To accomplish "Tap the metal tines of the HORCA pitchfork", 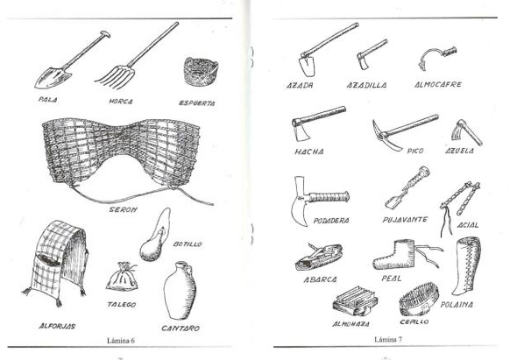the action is (115, 77).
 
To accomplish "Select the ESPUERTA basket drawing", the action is (201, 72).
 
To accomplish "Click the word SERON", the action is (123, 209).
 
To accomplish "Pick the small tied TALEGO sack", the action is (122, 277).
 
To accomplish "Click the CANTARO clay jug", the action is (180, 290).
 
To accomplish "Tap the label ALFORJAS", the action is (57, 326).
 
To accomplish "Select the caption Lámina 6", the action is (121, 341).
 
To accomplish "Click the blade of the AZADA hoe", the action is (307, 66).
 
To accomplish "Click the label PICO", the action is (415, 151).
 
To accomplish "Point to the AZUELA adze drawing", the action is (466, 131).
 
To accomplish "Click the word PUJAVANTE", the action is (405, 220).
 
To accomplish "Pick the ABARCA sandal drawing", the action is (319, 257).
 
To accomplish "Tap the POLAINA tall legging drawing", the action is (466, 266).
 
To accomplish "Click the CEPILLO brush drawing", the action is (419, 300).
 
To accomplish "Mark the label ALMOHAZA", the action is (351, 324).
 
